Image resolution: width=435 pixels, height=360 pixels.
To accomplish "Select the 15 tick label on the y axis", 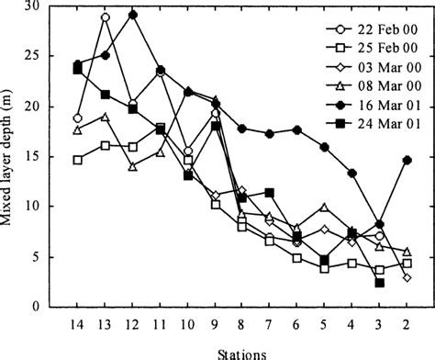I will point(41,157).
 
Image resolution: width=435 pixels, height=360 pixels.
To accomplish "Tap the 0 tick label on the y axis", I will point(45,307).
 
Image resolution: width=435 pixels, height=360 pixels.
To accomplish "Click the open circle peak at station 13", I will point(106,17).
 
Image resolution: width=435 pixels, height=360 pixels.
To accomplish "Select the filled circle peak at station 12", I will point(133,15).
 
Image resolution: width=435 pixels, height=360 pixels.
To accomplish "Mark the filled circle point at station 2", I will point(407,160).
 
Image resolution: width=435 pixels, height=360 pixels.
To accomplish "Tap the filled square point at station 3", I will point(380,283).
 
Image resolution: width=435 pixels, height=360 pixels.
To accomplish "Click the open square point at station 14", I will point(78,160).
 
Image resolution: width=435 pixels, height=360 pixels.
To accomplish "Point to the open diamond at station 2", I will point(407,277).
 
